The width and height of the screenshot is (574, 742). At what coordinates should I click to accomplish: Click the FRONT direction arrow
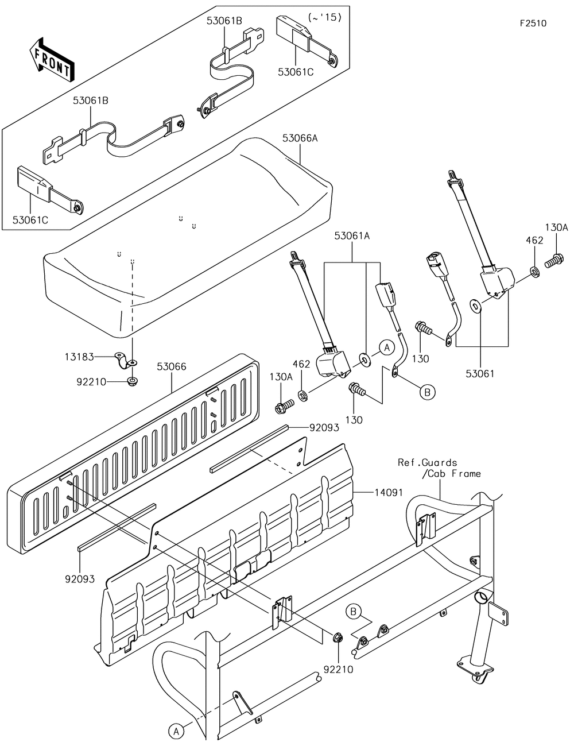pyautogui.click(x=52, y=60)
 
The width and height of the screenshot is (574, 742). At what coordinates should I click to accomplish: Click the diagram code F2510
pyautogui.click(x=533, y=23)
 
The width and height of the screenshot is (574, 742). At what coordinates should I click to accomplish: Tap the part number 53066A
pyautogui.click(x=300, y=138)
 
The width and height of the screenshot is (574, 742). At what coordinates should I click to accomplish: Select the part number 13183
pyautogui.click(x=79, y=357)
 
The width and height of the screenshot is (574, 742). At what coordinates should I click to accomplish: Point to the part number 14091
pyautogui.click(x=389, y=492)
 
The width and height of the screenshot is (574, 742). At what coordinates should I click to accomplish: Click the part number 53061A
pyautogui.click(x=352, y=236)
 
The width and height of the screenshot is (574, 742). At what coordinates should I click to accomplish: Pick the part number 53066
pyautogui.click(x=172, y=367)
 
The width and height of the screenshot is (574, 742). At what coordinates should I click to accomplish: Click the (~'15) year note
pyautogui.click(x=324, y=18)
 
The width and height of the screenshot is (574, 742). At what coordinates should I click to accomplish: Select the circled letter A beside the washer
pyautogui.click(x=387, y=347)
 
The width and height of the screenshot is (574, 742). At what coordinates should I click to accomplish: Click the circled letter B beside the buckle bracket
pyautogui.click(x=427, y=393)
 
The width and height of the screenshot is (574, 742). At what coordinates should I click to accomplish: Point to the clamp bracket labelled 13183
pyautogui.click(x=125, y=360)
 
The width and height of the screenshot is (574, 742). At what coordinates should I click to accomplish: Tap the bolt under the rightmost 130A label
pyautogui.click(x=553, y=262)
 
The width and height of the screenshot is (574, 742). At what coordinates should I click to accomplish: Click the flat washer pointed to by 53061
pyautogui.click(x=476, y=305)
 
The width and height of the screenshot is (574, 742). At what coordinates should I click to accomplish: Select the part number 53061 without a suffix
pyautogui.click(x=480, y=374)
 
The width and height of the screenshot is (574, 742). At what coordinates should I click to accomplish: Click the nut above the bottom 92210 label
pyautogui.click(x=338, y=637)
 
